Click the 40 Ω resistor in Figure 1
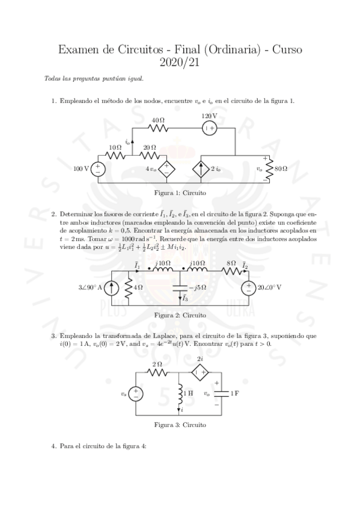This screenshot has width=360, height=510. tap(159, 127)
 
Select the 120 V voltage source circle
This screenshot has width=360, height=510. tap(209, 127)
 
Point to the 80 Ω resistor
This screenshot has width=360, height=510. tap(269, 169)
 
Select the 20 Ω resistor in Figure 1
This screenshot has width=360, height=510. tap(150, 155)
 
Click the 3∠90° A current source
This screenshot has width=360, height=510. tap(111, 287)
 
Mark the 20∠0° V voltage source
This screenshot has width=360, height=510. tap(247, 287)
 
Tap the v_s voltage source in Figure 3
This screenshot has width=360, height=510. tap(136, 394)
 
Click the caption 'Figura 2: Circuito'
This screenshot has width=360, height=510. tap(180, 315)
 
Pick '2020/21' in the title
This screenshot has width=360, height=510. tap(180, 61)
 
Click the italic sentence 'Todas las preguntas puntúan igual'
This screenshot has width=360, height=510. tap(94, 79)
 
